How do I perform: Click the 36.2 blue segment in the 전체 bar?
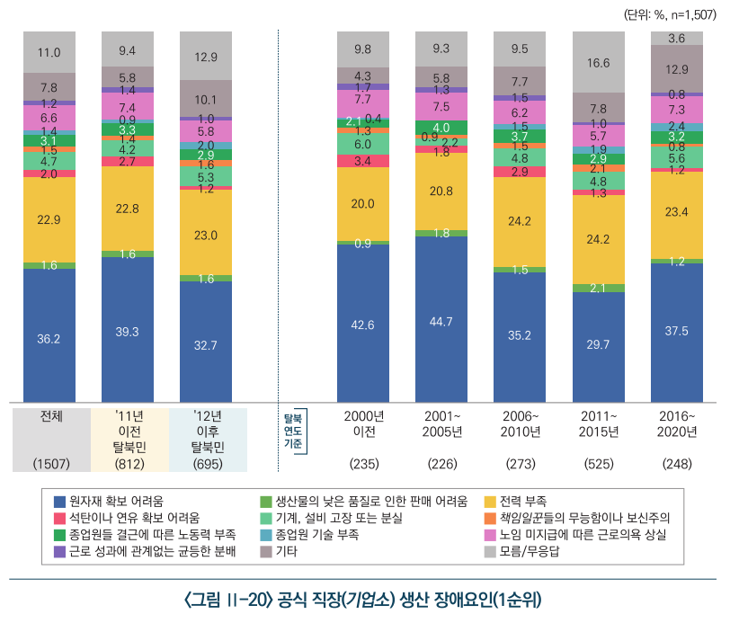[x=49, y=337]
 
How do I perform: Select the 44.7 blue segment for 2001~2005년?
[x=441, y=320]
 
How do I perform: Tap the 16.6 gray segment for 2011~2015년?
[x=598, y=63]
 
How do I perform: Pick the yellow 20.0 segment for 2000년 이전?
[x=362, y=204]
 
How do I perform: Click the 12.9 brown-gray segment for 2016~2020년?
[x=676, y=68]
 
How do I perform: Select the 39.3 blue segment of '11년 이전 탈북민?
[x=127, y=331]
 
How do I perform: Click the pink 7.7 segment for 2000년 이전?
[x=362, y=102]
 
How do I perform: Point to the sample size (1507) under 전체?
[x=50, y=464]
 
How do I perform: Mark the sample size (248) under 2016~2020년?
[x=676, y=464]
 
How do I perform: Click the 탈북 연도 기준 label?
[x=292, y=431]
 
